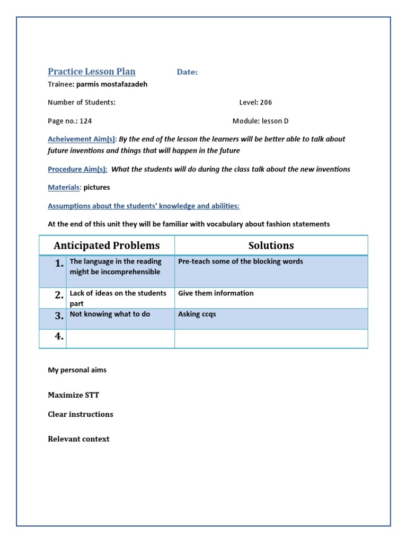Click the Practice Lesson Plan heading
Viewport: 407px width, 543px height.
(92, 72)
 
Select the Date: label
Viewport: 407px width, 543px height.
(187, 72)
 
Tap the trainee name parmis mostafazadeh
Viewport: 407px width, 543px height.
(112, 84)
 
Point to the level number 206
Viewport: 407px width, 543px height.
(266, 102)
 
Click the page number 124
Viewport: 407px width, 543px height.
(86, 121)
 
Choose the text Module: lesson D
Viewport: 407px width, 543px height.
(261, 121)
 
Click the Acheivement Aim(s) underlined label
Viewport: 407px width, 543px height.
(82, 139)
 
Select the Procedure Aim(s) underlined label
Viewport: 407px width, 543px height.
(77, 169)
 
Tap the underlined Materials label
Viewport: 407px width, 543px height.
(64, 187)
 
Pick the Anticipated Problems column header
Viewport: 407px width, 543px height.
(107, 246)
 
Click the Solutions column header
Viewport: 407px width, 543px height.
(271, 246)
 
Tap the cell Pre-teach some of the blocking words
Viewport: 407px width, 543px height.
(241, 261)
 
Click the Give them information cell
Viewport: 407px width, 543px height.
(216, 293)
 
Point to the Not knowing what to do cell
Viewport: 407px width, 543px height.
(110, 314)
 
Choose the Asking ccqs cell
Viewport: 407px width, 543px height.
(197, 314)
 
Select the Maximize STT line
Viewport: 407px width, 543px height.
(73, 395)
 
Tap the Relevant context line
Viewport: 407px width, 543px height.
(78, 439)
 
